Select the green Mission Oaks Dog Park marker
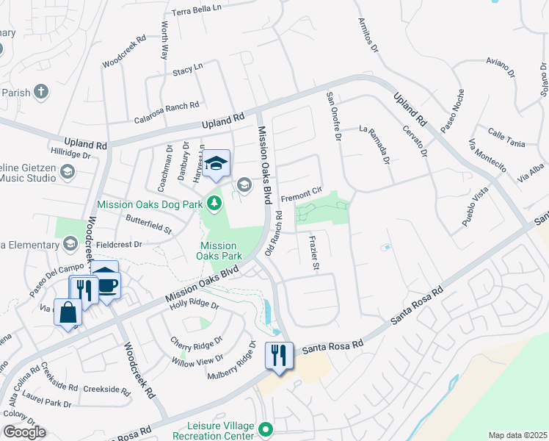214,201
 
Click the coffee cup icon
107,284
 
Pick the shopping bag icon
68,313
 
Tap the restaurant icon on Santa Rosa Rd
279,356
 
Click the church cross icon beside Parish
42,92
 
